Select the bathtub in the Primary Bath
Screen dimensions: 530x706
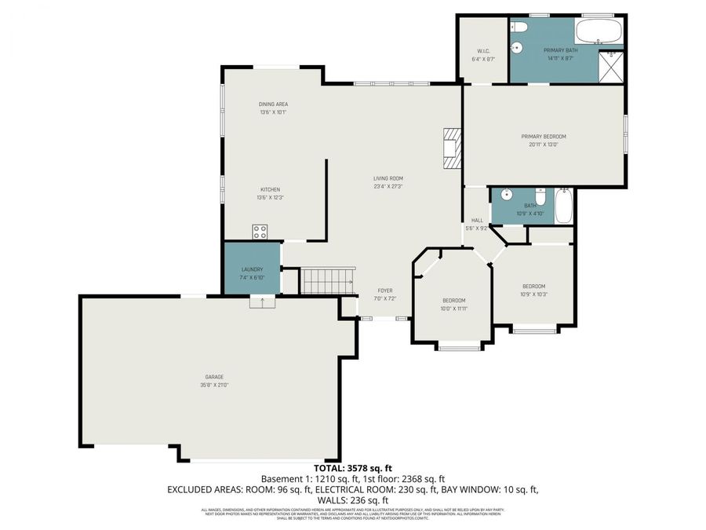tap(598, 32)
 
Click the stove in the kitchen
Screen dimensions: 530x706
tap(260, 232)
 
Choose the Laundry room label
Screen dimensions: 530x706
tap(251, 270)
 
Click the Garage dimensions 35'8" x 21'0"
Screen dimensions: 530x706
tap(209, 385)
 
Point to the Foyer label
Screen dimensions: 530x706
tap(384, 291)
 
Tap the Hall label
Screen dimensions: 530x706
tap(476, 221)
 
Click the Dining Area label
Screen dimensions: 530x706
tap(273, 104)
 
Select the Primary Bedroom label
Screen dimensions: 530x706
tap(543, 137)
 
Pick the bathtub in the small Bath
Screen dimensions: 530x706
tap(563, 205)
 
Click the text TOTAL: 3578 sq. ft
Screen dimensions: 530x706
tap(352, 469)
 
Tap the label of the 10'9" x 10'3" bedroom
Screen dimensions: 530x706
tap(533, 287)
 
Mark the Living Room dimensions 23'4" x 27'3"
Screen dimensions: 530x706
tap(388, 187)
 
